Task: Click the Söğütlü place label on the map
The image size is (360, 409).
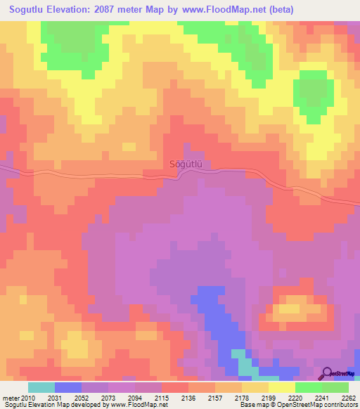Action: click(186, 164)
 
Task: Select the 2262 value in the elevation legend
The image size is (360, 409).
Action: click(349, 398)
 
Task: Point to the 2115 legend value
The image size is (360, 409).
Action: click(162, 398)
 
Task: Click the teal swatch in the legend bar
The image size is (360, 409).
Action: click(41, 387)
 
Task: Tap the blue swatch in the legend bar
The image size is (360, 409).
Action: click(68, 387)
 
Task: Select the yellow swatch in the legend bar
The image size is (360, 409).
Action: click(282, 387)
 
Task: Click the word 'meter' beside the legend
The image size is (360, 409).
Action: click(12, 398)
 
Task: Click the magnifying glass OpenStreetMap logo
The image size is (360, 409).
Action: click(328, 373)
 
